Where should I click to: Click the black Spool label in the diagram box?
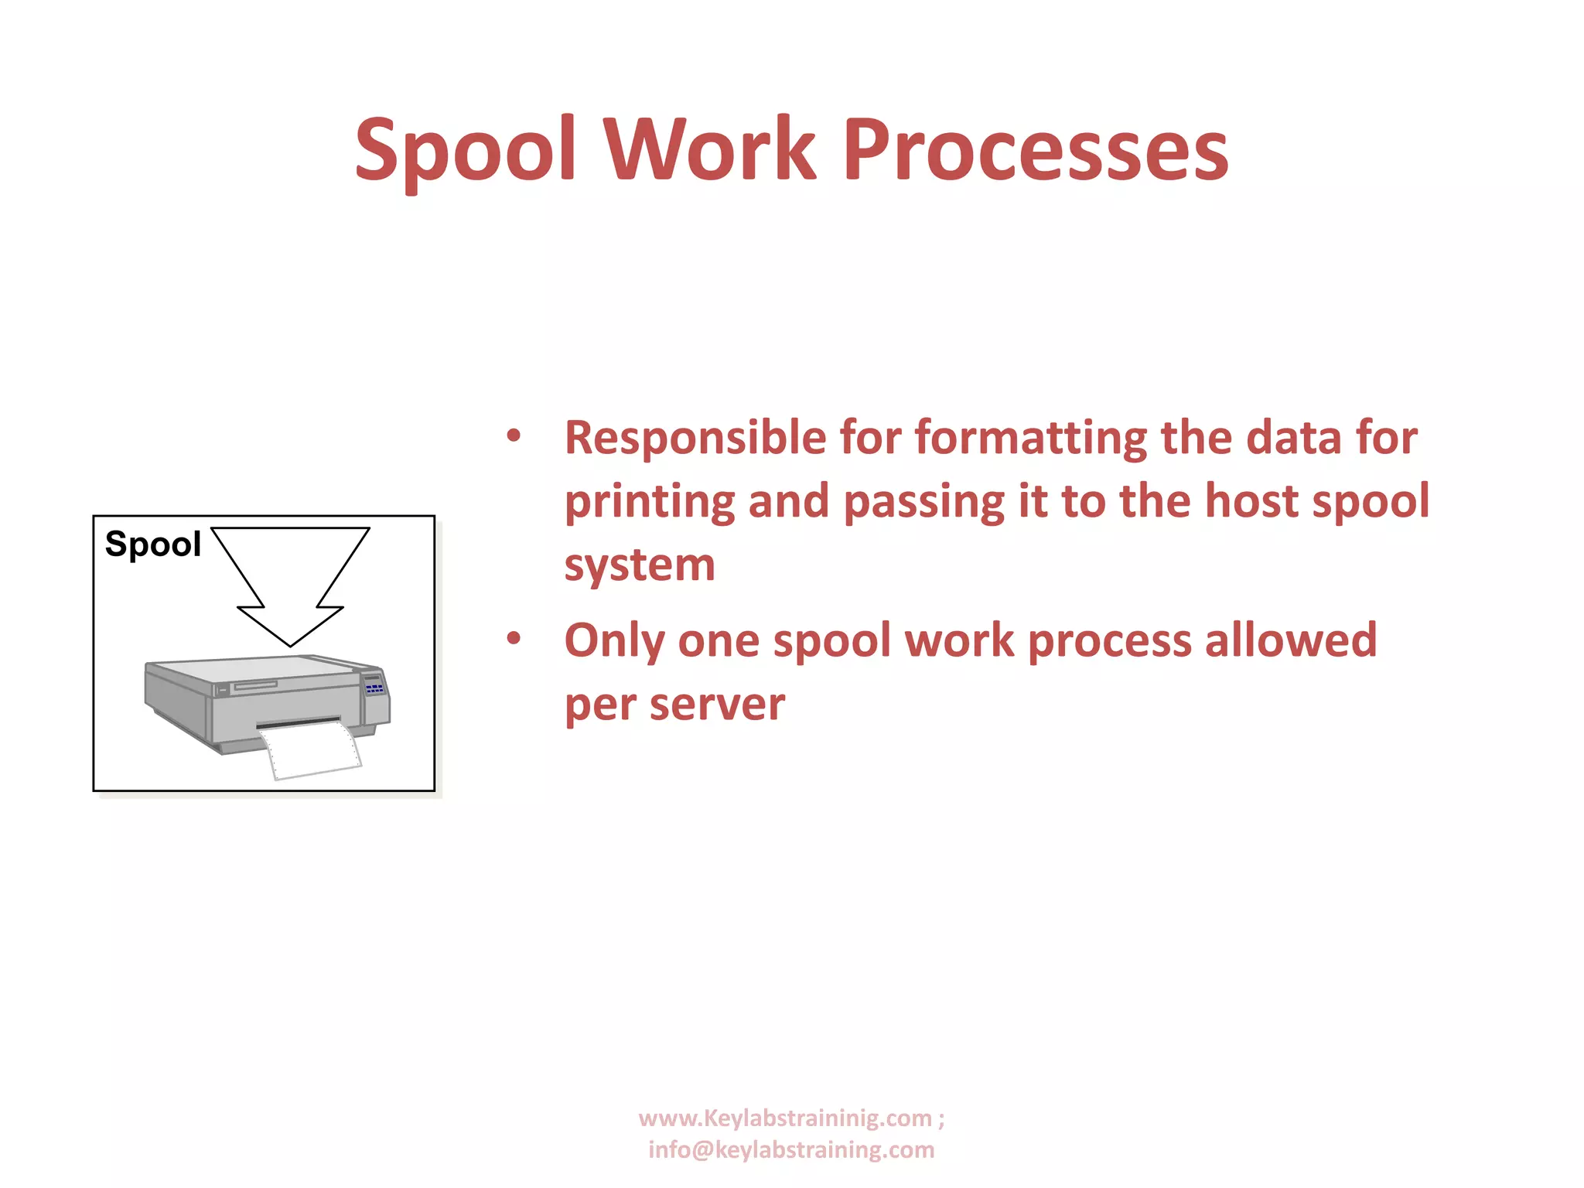tap(152, 544)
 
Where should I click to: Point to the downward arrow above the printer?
tap(290, 580)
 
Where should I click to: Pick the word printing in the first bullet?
tap(650, 502)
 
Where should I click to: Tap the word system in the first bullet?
tap(640, 565)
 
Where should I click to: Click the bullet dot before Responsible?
tap(514, 436)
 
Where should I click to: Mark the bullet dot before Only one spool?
tap(514, 639)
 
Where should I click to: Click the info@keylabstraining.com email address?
tap(791, 1150)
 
